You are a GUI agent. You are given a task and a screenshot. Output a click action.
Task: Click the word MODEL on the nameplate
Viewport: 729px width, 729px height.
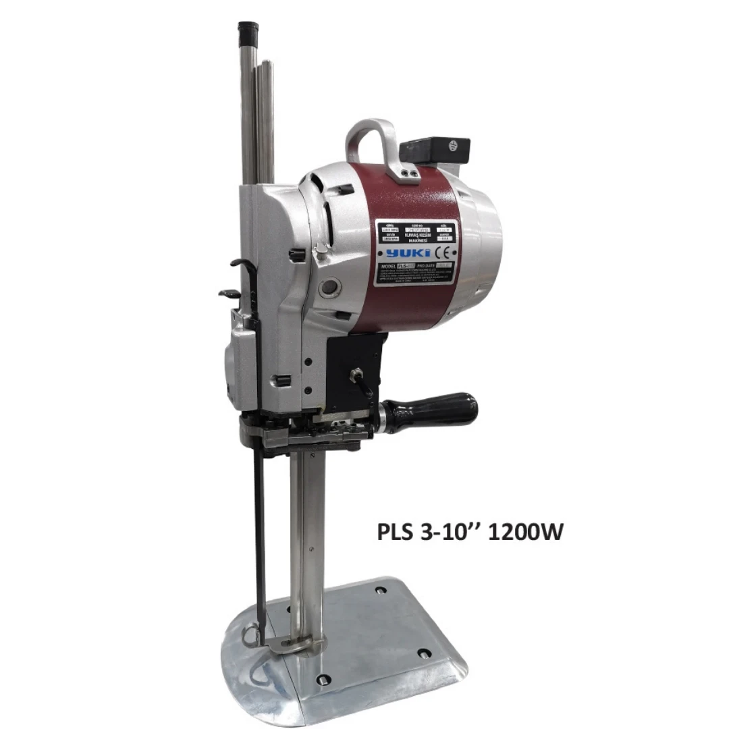391,267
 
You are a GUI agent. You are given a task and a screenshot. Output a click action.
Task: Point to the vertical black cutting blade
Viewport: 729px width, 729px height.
260,526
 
